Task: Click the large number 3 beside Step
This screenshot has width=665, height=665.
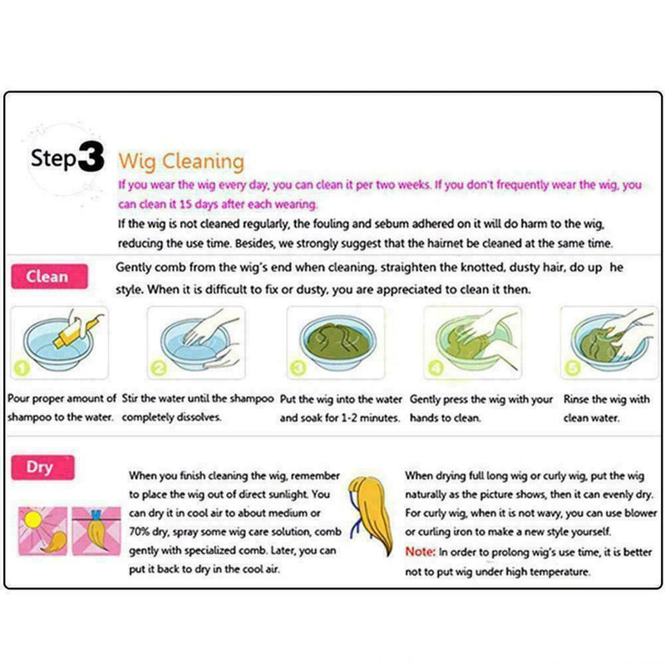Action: click(x=91, y=158)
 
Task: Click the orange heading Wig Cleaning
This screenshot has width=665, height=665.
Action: click(x=180, y=160)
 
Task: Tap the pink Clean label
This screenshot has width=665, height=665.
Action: click(x=47, y=277)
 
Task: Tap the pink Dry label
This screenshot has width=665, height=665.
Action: click(x=39, y=466)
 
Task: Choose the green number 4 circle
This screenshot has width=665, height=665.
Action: click(x=433, y=367)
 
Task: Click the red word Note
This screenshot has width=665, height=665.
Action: click(x=420, y=551)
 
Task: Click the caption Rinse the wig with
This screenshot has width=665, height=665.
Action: click(x=606, y=400)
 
